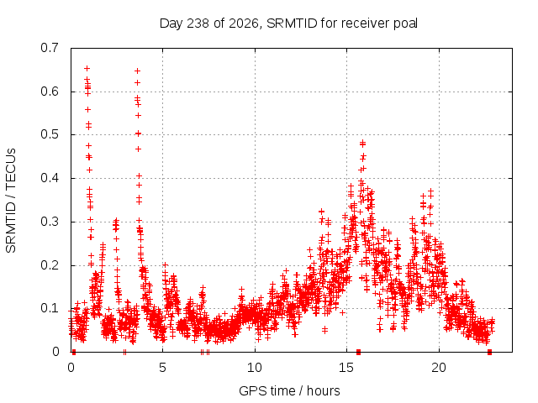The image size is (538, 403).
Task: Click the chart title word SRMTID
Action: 292,24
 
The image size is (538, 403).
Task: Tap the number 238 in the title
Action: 198,24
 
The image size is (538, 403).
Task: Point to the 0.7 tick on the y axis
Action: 50,48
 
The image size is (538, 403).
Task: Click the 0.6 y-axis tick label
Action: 50,92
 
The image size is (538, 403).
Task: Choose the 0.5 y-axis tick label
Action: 50,134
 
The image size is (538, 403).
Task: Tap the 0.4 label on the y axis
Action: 50,178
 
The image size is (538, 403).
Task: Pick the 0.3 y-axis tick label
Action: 50,222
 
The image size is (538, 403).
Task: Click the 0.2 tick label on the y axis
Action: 50,265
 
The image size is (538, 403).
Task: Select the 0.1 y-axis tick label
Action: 50,308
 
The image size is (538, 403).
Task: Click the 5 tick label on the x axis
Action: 162,368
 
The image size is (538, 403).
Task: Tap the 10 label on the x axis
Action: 254,368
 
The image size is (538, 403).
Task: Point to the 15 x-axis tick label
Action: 346,368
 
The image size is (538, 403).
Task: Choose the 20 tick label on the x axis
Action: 439,368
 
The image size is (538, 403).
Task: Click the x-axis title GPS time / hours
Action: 289,390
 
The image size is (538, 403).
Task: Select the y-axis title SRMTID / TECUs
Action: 11,201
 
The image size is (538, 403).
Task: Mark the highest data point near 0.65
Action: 87,69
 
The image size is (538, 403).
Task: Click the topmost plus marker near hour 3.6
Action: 137,71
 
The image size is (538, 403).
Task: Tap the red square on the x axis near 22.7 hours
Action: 489,352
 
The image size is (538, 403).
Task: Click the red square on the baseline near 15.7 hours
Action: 359,352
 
